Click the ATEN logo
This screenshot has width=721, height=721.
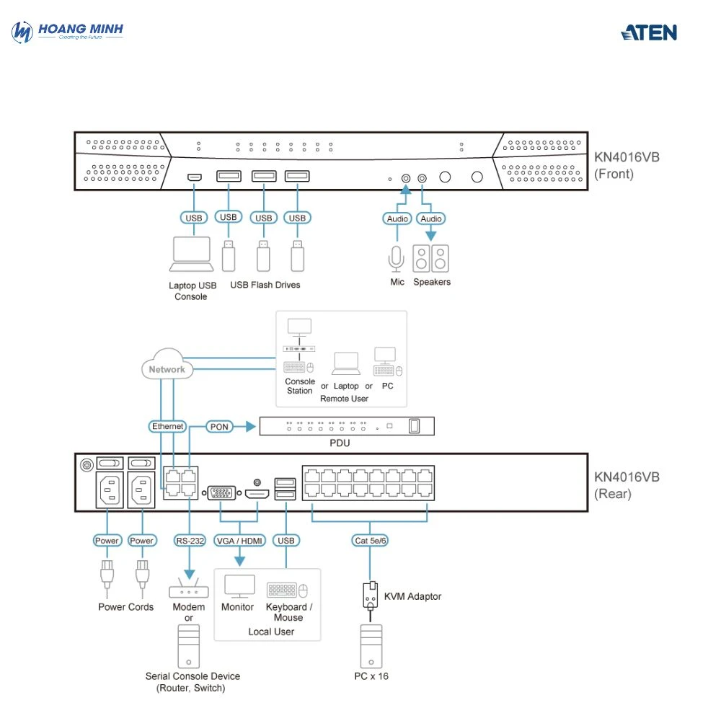649,32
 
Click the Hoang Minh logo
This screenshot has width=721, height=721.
68,32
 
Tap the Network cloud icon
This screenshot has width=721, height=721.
167,368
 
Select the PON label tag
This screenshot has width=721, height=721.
219,426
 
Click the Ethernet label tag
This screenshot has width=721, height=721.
168,426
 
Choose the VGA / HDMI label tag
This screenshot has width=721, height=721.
240,540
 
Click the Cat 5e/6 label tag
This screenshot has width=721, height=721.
371,540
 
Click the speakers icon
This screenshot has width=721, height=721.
431,258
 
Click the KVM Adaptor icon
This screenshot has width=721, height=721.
371,596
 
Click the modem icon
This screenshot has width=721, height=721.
189,589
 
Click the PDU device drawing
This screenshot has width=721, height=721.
347,426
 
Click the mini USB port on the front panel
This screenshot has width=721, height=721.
193,176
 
